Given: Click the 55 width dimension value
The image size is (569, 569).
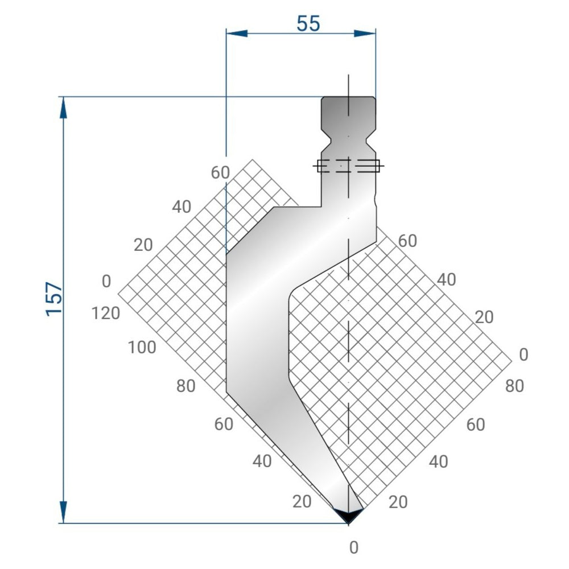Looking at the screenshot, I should pos(308,23).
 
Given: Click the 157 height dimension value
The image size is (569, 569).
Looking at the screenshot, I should pos(55,299).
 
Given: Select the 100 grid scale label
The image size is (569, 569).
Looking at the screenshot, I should pos(141,347).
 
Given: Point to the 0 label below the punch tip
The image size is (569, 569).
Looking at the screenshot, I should pos(354,547).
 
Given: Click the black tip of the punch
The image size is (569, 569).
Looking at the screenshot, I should pos(348,514).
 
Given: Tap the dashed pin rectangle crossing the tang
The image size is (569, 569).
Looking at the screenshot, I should pos(348,166).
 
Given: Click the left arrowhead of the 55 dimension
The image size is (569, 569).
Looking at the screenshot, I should pos(236,33).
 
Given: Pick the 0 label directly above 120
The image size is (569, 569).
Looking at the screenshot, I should pos(106,281).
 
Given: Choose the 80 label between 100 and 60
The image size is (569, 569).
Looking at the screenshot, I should pos(185,386).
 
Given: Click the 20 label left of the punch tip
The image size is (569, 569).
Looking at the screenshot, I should pos(302,501).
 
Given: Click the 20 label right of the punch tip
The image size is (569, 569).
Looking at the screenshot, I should pos(398,502).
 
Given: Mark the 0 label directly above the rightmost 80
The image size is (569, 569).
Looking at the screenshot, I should pos(523,354).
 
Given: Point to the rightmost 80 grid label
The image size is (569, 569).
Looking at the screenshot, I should pos(514,386).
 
